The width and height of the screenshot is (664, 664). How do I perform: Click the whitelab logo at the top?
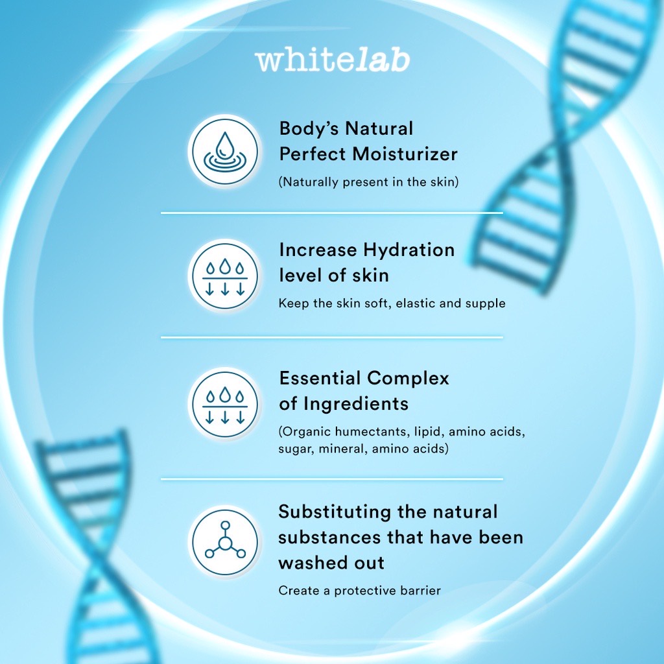click(x=333, y=60)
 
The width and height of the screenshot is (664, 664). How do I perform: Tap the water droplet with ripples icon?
click(x=225, y=151)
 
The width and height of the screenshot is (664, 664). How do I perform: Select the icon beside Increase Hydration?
click(x=225, y=276)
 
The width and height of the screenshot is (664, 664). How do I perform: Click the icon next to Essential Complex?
click(x=225, y=404)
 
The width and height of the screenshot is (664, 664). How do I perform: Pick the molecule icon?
click(x=225, y=542)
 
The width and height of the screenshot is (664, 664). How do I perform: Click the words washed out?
click(x=331, y=563)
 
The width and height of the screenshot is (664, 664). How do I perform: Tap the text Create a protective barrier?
click(x=359, y=590)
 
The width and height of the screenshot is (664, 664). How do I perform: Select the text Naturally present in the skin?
click(x=368, y=182)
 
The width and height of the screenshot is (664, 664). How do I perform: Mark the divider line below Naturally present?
click(x=332, y=213)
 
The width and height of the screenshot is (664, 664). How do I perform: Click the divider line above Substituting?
click(x=332, y=479)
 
